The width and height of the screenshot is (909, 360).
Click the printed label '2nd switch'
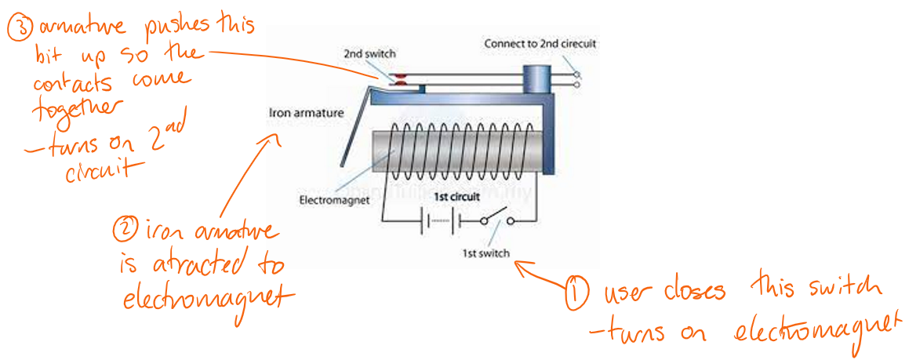pyautogui.click(x=369, y=54)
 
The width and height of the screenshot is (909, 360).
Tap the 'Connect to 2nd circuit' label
pyautogui.click(x=540, y=43)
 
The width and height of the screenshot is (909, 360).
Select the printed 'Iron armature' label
pyautogui.click(x=306, y=113)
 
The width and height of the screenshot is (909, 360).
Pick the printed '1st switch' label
pyautogui.click(x=486, y=253)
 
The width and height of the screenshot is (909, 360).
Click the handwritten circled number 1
pyautogui.click(x=577, y=293)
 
